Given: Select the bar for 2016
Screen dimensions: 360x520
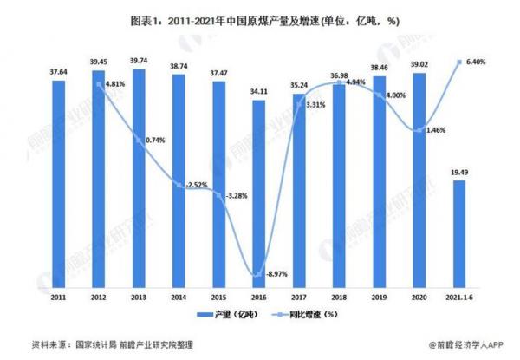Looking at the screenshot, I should pos(258,191).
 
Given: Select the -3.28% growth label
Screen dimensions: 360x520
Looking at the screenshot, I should pos(236,196).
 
